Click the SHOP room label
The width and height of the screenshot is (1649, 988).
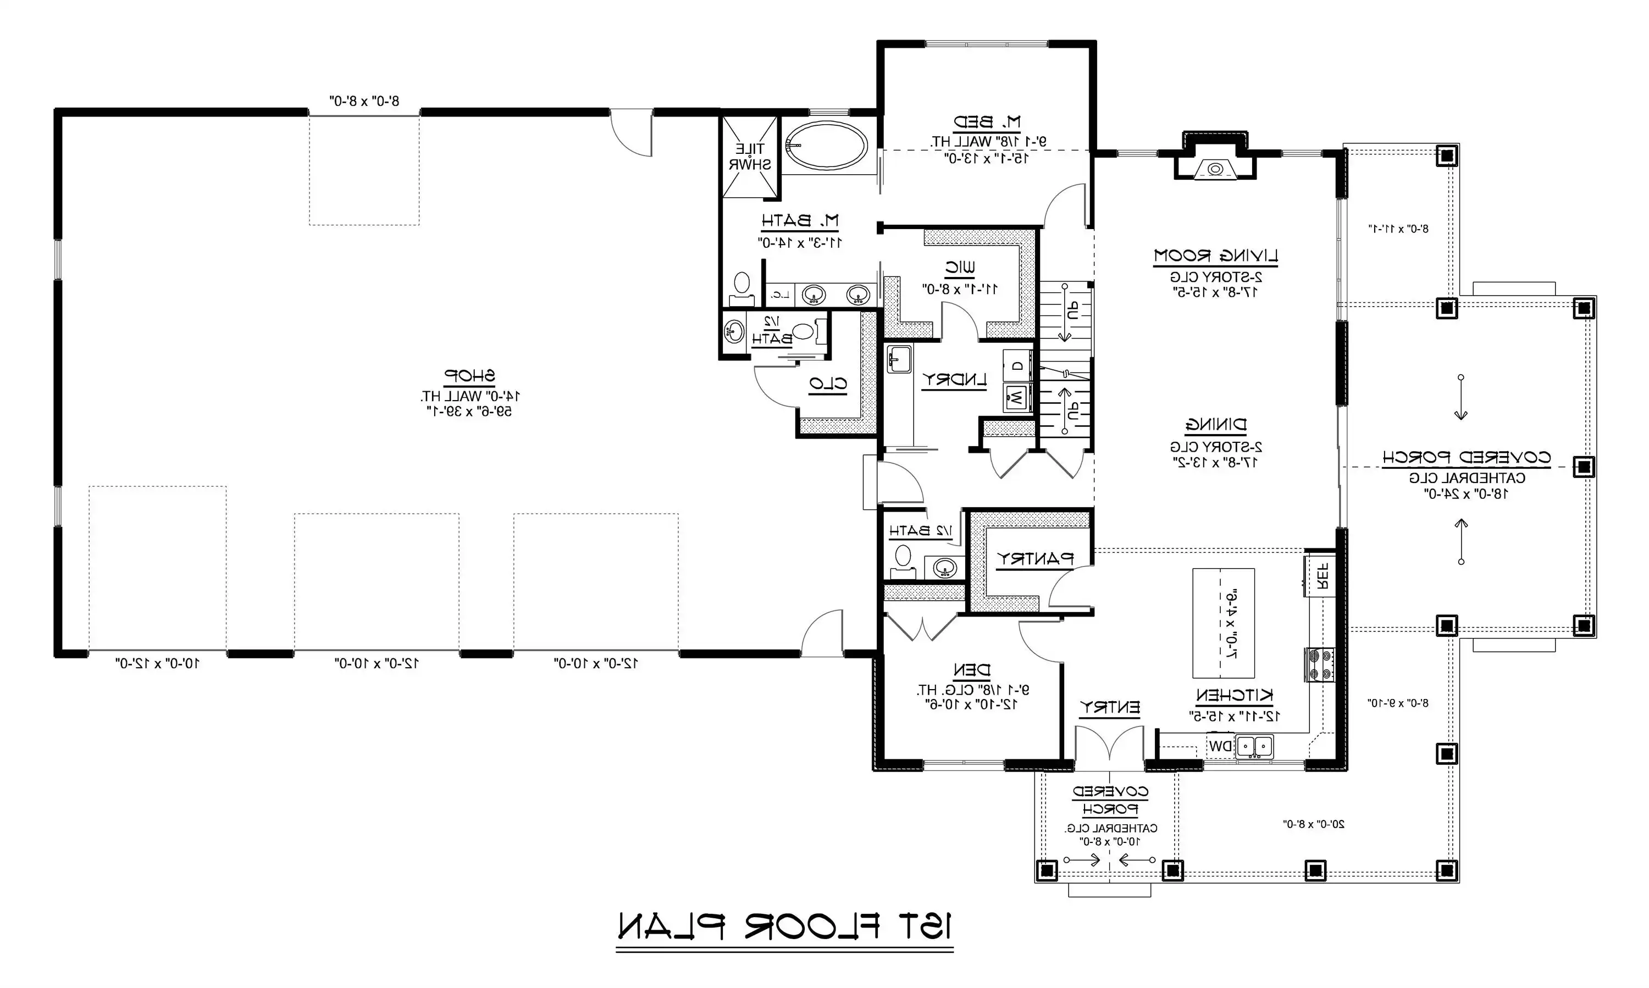click(470, 375)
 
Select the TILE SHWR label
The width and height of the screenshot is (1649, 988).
click(749, 157)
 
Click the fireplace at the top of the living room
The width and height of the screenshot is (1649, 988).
click(1215, 166)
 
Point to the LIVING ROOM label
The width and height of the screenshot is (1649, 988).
click(1215, 256)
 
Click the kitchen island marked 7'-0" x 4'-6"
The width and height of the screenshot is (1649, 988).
click(1224, 623)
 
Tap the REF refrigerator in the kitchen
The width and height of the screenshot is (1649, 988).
click(1321, 576)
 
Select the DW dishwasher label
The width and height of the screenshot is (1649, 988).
click(1220, 746)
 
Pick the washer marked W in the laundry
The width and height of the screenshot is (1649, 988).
click(1017, 398)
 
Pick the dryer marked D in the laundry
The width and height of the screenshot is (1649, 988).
click(1017, 366)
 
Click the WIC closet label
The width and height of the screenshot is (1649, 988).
click(960, 268)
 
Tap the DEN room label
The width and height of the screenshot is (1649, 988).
click(972, 670)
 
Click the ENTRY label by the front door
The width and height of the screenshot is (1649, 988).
click(1110, 707)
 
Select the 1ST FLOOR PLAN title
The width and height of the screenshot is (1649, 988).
click(784, 926)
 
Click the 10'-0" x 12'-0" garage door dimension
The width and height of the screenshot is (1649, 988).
click(157, 663)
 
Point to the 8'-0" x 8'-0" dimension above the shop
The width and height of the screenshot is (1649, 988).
click(364, 101)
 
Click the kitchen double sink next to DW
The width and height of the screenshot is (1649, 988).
click(1255, 746)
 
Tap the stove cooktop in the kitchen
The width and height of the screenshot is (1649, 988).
click(1319, 665)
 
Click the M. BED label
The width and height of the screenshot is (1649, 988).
click(987, 123)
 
